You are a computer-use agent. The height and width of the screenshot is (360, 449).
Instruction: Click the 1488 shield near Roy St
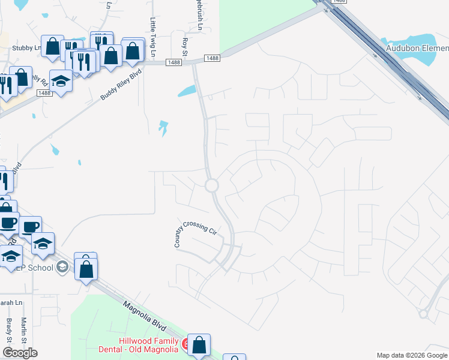[175, 62]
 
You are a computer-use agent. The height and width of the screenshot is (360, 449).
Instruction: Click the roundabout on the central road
[211, 185]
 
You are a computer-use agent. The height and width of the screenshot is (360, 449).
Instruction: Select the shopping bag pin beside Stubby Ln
[53, 46]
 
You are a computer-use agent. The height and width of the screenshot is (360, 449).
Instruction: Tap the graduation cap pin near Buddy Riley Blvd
[61, 80]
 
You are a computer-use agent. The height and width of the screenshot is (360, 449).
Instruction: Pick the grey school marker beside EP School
[62, 268]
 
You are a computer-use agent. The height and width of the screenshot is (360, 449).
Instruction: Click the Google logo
[20, 353]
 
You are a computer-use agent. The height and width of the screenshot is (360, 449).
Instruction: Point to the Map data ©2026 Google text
[411, 355]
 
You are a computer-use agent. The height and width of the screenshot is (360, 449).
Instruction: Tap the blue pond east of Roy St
[187, 92]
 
